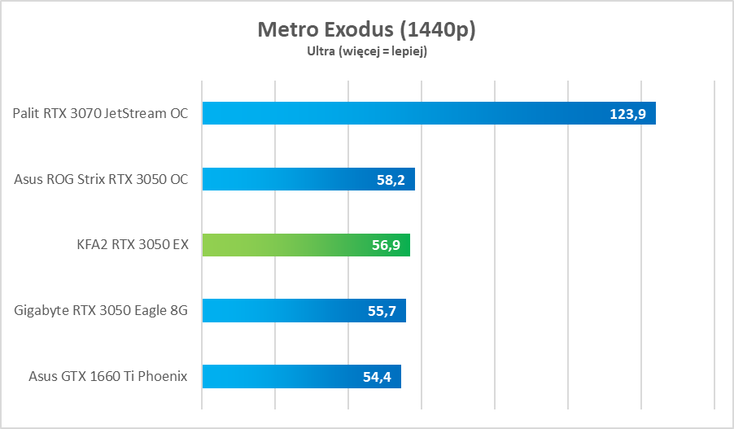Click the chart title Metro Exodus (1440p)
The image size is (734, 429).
pyautogui.click(x=366, y=30)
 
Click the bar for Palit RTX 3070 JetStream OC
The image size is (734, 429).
pyautogui.click(x=407, y=113)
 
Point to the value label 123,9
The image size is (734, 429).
pyautogui.click(x=627, y=114)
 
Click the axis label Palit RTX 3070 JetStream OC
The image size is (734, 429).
pyautogui.click(x=101, y=113)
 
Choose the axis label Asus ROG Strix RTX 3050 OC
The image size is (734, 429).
pyautogui.click(x=102, y=179)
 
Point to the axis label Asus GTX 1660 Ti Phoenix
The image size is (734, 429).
pyautogui.click(x=108, y=376)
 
